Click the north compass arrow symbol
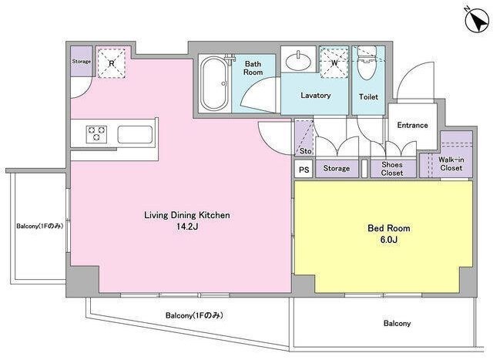[477, 19]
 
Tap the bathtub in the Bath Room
[214, 83]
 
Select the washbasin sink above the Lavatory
[298, 60]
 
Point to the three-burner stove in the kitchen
[96, 133]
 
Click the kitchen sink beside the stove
[135, 134]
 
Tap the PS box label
[304, 170]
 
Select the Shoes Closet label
[392, 169]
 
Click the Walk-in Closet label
[451, 163]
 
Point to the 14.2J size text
[186, 227]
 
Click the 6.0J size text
[388, 240]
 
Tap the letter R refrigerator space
[111, 63]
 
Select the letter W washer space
[334, 62]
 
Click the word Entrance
[413, 125]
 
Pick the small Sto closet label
[305, 151]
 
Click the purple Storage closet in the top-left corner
[82, 62]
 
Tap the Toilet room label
[368, 97]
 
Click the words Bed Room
[389, 228]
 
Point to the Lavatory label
[316, 96]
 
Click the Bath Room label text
[253, 68]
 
